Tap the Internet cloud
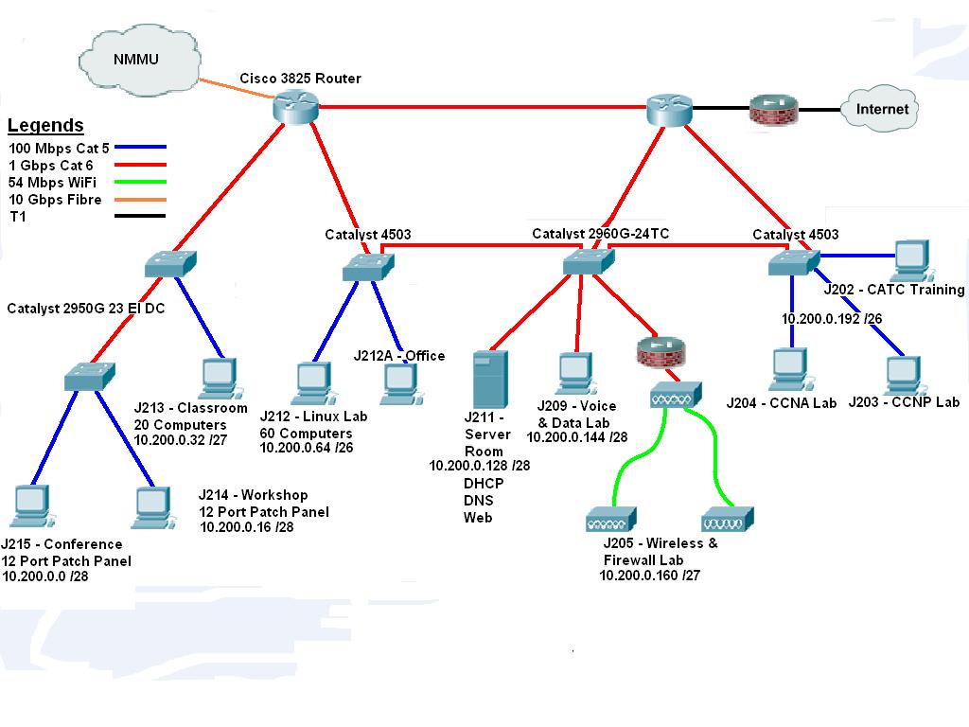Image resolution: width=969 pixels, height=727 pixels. tap(881, 109)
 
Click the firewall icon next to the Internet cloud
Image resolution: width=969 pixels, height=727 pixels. tap(773, 110)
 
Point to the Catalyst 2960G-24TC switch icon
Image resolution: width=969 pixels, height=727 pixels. tap(588, 262)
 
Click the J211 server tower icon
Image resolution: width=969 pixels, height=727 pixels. tap(490, 379)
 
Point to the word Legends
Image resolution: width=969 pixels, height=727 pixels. tap(45, 126)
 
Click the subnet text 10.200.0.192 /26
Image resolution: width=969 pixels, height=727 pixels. tap(832, 319)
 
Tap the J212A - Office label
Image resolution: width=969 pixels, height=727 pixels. tap(398, 356)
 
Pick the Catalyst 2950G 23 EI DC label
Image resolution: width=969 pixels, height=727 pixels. tap(86, 309)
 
